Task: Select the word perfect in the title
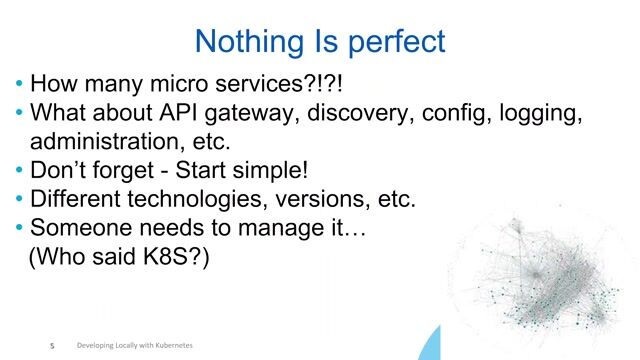pyautogui.click(x=394, y=42)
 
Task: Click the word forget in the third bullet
pyautogui.click(x=130, y=169)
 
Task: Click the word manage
pyautogui.click(x=239, y=228)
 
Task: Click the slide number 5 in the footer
pyautogui.click(x=52, y=346)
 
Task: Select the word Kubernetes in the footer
pyautogui.click(x=169, y=345)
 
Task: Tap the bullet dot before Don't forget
pyautogui.click(x=20, y=169)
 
